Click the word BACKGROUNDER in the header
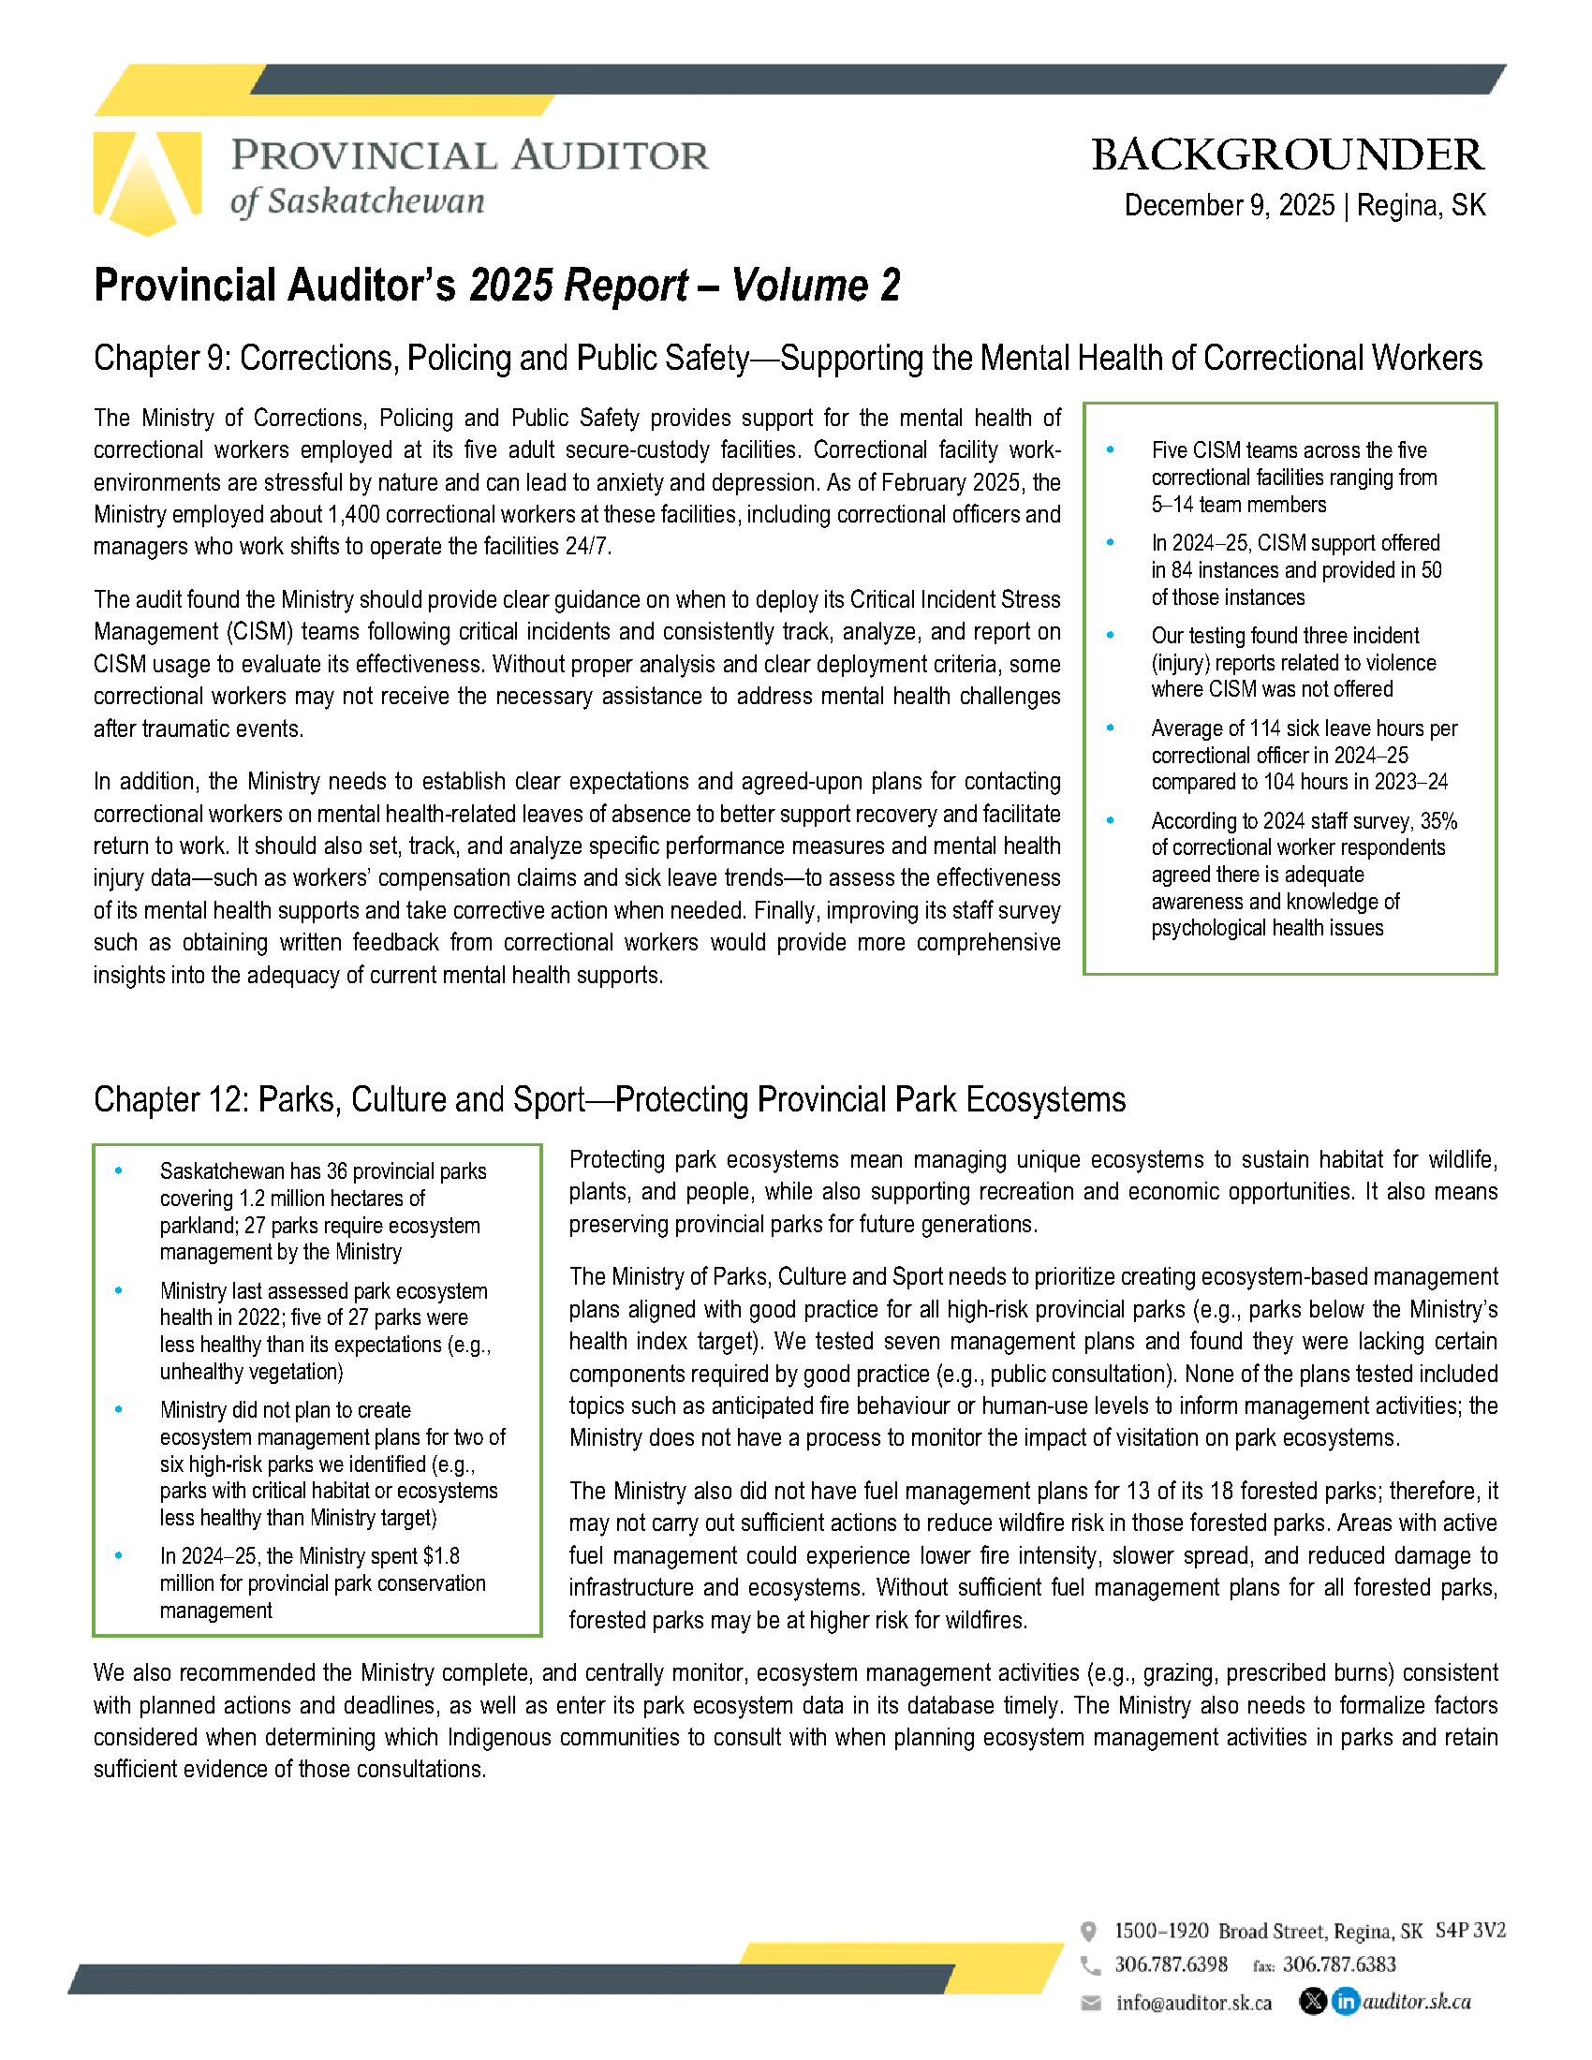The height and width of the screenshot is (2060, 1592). [x=1287, y=155]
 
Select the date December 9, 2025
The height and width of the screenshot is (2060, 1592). [x=1229, y=206]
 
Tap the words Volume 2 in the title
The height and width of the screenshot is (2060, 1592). [x=816, y=286]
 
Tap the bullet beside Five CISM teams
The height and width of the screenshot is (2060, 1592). [x=1110, y=449]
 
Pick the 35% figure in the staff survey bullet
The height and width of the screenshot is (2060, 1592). [x=1438, y=820]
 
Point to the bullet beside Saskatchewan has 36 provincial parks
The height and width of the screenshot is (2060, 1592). [x=119, y=1170]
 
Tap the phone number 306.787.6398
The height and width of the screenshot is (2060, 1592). [x=1171, y=1964]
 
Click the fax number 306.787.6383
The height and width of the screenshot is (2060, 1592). [x=1338, y=1964]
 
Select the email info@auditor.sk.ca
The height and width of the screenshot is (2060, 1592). [x=1193, y=2003]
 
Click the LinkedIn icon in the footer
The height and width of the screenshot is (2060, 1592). [x=1345, y=2001]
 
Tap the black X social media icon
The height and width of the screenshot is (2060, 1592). [x=1312, y=2001]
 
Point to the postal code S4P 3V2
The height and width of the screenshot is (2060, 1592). [x=1469, y=1931]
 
